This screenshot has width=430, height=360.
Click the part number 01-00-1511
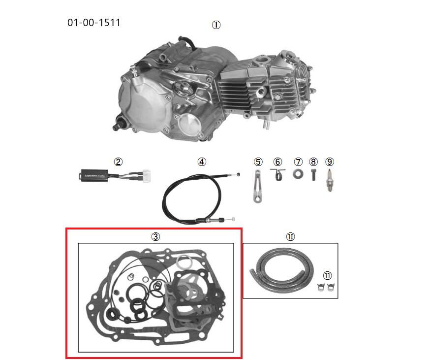point(94,23)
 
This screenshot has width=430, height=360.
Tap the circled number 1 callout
point(216,25)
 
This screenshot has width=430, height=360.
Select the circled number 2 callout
point(118,162)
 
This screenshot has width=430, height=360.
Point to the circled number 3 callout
point(155,236)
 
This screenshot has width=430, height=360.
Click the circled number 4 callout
point(202,162)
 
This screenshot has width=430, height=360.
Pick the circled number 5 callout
point(258,162)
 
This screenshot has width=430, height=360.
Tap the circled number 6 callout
point(278,162)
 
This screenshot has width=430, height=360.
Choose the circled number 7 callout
point(298,162)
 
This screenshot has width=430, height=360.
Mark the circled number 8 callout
point(313,162)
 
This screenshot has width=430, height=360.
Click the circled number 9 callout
point(330,162)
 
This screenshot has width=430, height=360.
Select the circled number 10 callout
point(290,236)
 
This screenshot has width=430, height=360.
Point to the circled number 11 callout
point(327,275)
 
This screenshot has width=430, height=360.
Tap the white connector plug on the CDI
point(146,176)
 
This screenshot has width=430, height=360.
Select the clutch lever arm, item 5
point(257,186)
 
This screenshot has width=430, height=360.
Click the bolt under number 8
point(314,175)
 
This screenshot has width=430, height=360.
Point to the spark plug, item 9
point(329,180)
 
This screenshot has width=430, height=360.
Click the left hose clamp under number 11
point(321,287)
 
